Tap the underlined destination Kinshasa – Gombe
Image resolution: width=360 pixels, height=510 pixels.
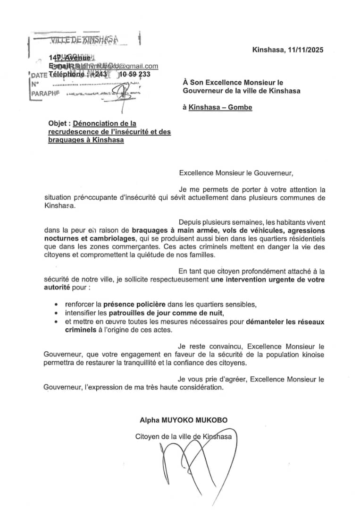point(220,107)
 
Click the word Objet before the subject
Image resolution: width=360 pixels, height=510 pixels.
point(59,124)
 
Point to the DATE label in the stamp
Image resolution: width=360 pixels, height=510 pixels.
point(39,75)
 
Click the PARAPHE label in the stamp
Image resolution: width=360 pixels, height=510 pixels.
point(45,93)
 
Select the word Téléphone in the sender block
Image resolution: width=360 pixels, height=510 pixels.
point(67,75)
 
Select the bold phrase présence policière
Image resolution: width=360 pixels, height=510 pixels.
point(130,305)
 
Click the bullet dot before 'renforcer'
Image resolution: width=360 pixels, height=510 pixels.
point(57,305)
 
